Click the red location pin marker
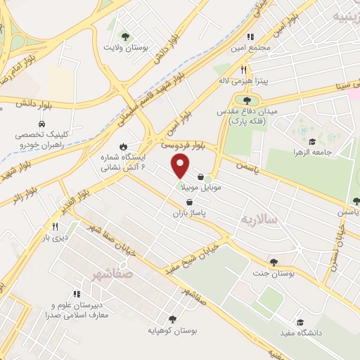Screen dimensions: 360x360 181,166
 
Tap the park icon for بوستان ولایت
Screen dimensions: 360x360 125,37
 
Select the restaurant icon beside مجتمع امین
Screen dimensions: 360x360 249,37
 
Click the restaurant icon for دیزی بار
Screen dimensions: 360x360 55,226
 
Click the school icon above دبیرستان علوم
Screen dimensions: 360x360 76,295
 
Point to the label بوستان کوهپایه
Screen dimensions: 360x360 172,330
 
